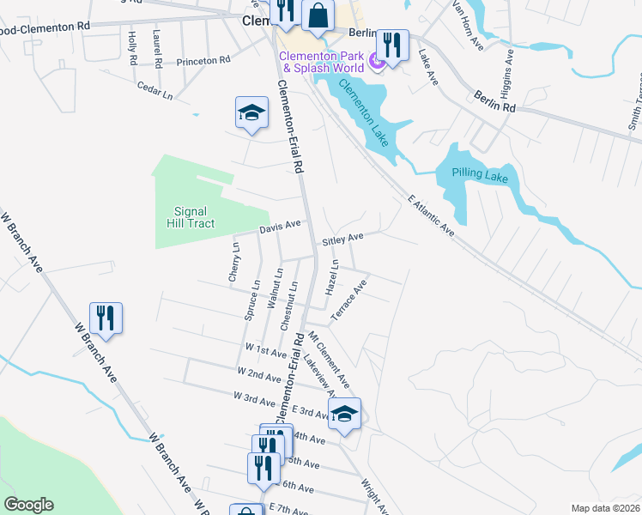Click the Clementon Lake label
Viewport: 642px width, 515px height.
367,112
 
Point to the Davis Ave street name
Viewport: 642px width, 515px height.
280,227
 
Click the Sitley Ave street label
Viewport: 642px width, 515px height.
343,238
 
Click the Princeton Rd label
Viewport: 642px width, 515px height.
203,61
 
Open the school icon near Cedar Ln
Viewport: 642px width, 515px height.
251,115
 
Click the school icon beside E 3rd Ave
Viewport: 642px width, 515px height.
344,415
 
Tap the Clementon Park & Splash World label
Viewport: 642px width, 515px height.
324,62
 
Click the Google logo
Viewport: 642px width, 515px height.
28,505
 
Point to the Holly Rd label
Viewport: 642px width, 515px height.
132,49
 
